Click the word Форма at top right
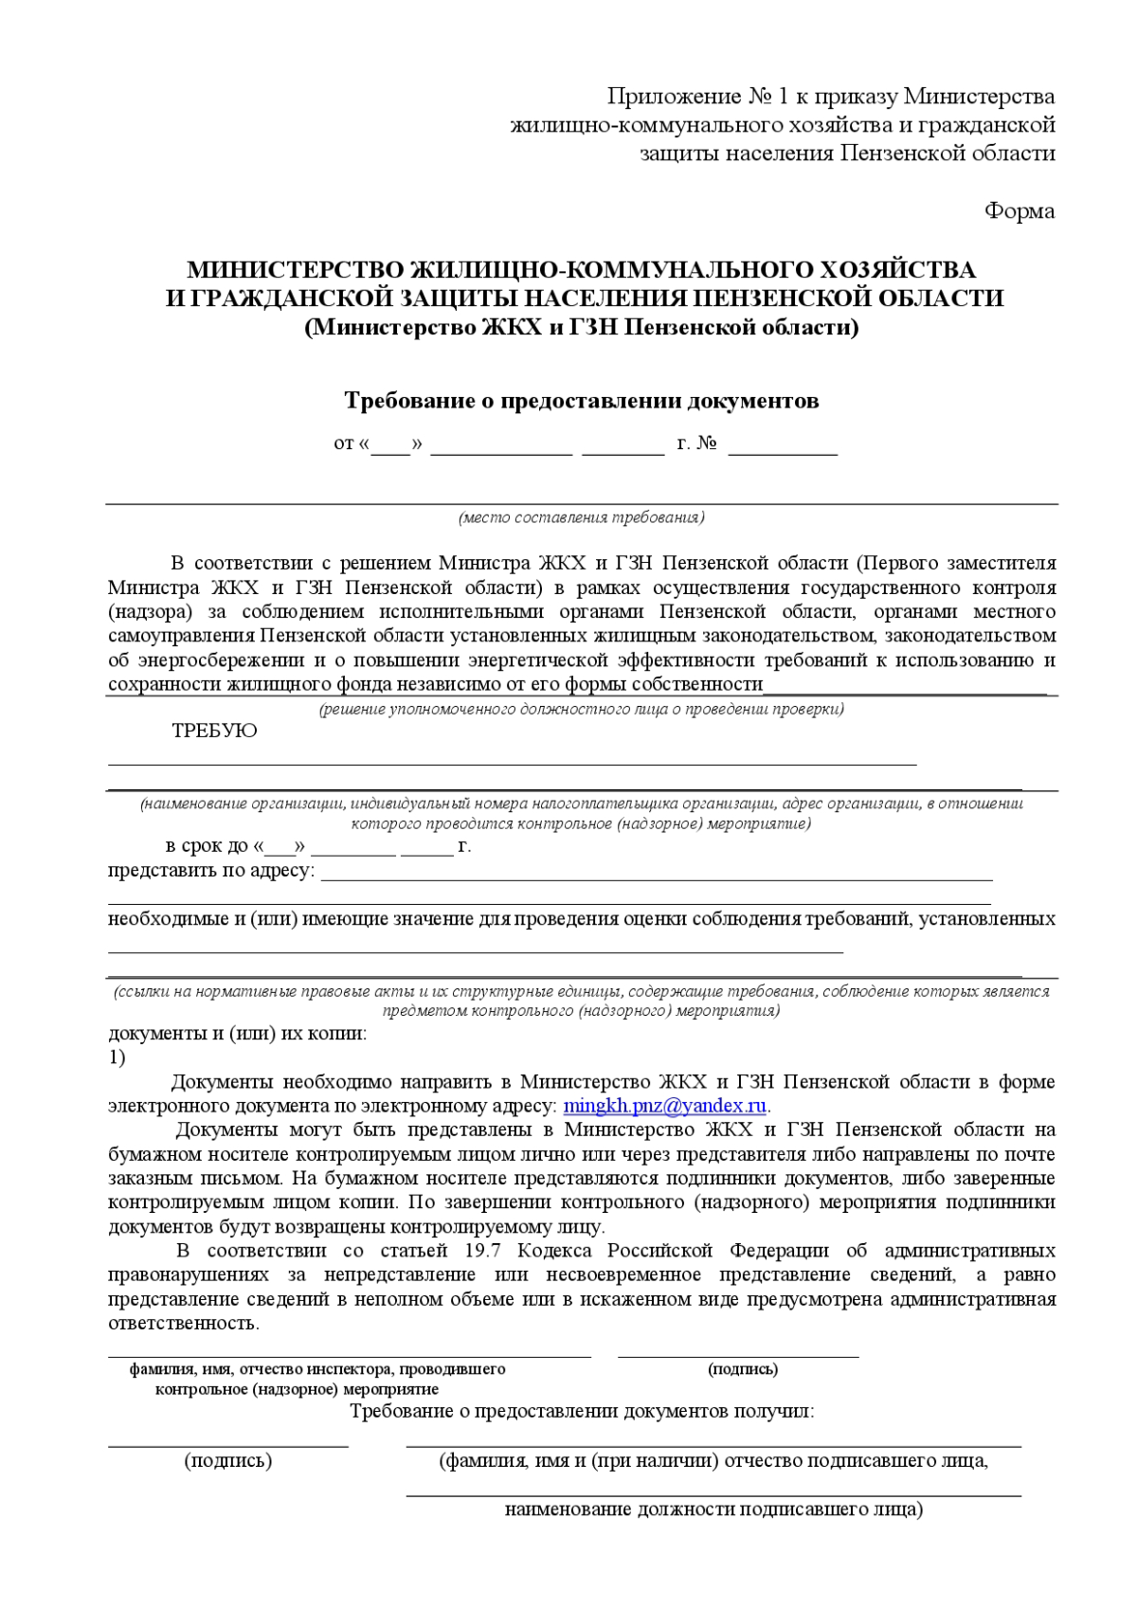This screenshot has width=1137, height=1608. coord(1019,211)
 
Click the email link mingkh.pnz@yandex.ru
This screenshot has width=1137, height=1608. coord(664,1106)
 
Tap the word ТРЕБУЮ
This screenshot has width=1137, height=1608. coord(214,731)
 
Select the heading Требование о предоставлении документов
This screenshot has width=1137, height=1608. coord(581,400)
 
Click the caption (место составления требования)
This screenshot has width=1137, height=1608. coord(581,517)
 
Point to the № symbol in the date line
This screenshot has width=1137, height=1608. coord(707,443)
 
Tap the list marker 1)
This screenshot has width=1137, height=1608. coord(117,1057)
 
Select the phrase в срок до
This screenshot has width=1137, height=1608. coord(207,845)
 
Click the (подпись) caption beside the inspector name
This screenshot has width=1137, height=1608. coord(742,1368)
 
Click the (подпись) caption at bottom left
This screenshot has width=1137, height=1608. coord(227,1460)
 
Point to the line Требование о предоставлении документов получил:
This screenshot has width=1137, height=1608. coord(582,1411)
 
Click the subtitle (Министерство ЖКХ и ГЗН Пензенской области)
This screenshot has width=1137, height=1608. coord(581,327)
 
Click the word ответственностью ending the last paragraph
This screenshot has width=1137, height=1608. coord(183,1323)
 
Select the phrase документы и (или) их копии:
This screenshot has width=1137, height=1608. coord(237,1033)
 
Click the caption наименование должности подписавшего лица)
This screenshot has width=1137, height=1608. coord(713,1509)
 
